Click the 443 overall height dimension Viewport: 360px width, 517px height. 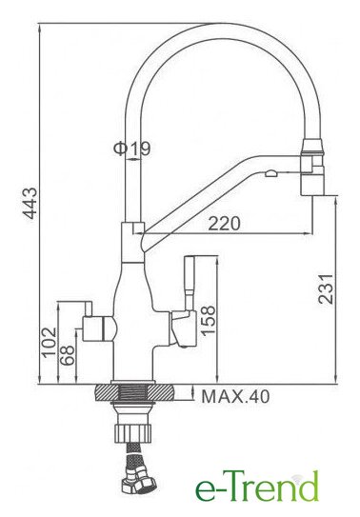31,203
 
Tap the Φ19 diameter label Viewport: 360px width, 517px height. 131,149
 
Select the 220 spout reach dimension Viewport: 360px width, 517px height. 224,224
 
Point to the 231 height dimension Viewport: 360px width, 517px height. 326,288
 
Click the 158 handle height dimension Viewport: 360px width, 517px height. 208,321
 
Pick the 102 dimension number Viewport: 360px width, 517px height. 50,341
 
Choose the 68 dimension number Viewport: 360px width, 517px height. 68,354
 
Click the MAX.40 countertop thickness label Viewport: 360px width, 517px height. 235,396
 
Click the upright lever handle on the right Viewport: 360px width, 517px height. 189,283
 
